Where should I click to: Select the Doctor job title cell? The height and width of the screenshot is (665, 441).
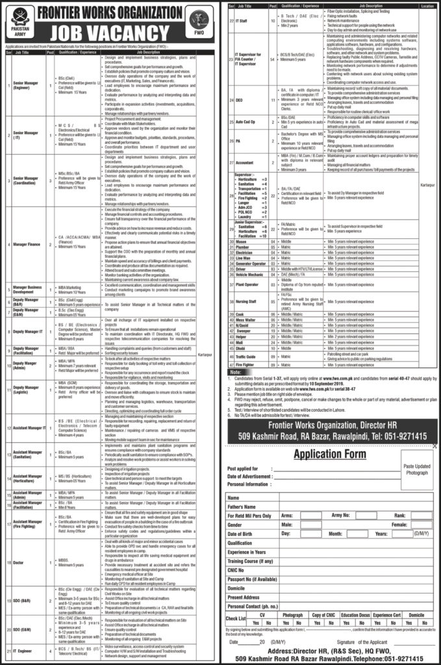point(19,546)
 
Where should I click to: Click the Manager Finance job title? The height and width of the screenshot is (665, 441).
point(25,245)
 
